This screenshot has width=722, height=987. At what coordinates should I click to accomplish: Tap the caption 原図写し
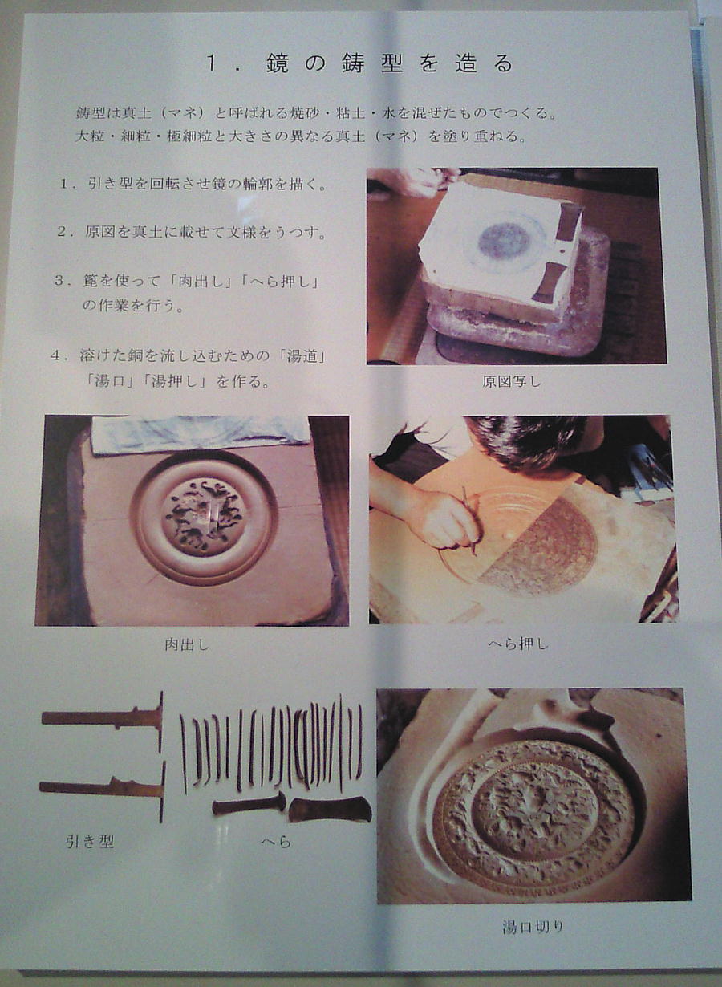point(512,382)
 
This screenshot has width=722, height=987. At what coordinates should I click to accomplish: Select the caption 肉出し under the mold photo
point(186,645)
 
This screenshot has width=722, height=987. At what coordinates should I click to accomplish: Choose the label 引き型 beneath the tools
point(90,842)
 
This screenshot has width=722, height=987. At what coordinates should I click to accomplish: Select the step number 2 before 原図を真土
point(61,232)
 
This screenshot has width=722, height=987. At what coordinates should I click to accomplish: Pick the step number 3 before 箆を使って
point(59,281)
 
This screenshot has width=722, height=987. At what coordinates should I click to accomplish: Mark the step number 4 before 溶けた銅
point(55,356)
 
